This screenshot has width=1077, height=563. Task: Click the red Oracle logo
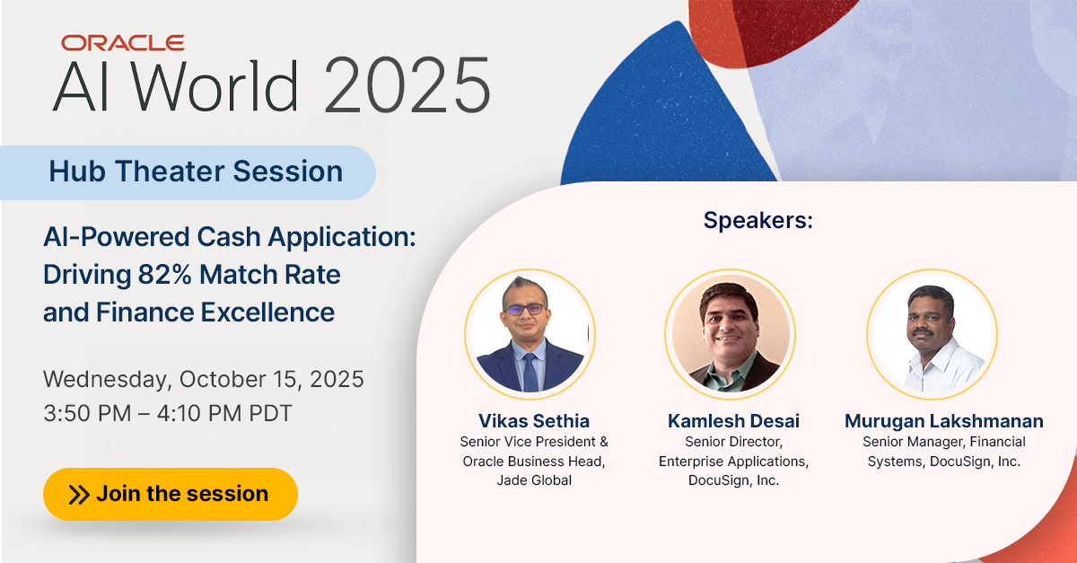123,42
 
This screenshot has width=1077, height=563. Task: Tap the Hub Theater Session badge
196,171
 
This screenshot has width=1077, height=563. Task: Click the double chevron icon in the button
79,494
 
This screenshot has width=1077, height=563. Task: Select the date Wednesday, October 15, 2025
204,379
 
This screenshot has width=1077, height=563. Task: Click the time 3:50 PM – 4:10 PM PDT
168,414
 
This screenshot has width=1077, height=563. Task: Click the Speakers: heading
757,220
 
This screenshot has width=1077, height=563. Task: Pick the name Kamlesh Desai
733,421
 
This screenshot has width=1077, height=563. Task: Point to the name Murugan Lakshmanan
943,421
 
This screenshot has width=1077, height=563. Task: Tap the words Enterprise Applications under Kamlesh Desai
733,462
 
